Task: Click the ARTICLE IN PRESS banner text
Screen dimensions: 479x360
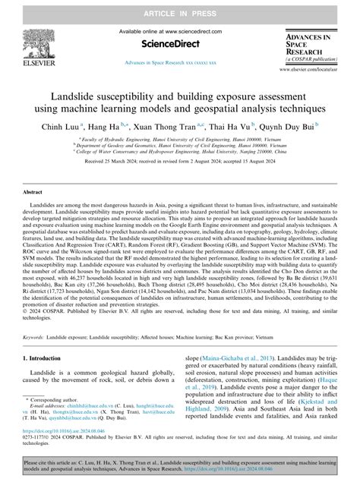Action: tap(180, 8)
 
